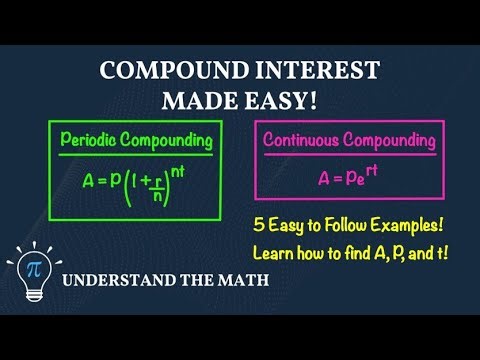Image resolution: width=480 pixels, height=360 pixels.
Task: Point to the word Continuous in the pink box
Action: point(303,139)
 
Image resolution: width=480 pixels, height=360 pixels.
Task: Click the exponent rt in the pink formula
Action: point(367,169)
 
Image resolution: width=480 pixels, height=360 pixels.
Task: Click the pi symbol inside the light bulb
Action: point(34,270)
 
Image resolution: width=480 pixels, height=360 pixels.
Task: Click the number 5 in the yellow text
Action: point(260,224)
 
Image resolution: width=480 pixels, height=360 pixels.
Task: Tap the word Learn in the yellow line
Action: point(273,249)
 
